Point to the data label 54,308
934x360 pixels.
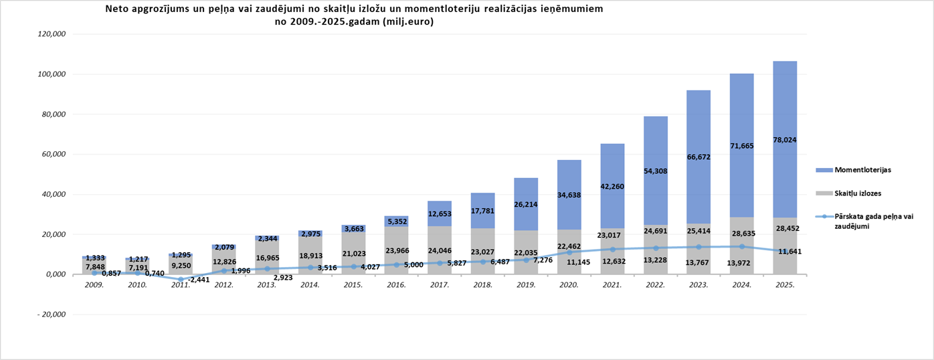[x=655, y=171]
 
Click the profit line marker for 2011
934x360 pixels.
[x=180, y=279]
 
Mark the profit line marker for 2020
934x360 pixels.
[x=569, y=252]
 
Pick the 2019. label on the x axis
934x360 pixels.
[x=526, y=284]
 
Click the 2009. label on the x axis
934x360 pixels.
[x=94, y=284]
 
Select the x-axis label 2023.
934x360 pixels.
[x=698, y=284]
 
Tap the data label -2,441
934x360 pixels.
[x=198, y=280]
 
